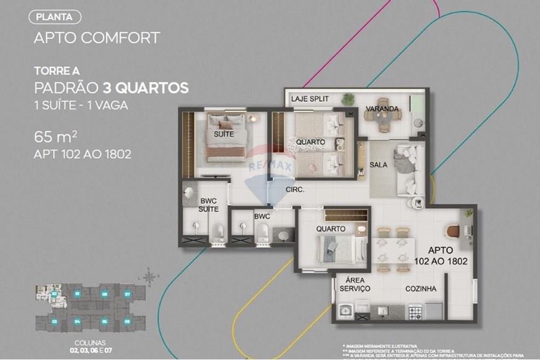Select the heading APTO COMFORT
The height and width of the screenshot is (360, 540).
(97, 38)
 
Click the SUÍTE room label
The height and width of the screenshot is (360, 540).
(224, 134)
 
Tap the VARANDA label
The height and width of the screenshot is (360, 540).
(382, 109)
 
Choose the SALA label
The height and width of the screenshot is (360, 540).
(379, 165)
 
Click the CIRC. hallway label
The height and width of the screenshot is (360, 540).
(295, 189)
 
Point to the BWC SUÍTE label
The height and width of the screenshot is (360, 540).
(208, 204)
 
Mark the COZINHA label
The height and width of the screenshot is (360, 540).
(421, 289)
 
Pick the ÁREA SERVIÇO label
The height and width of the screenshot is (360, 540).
(354, 284)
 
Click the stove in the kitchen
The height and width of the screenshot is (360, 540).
(415, 311)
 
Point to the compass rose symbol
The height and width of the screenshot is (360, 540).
(149, 276)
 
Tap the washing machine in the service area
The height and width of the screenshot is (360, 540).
(345, 311)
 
